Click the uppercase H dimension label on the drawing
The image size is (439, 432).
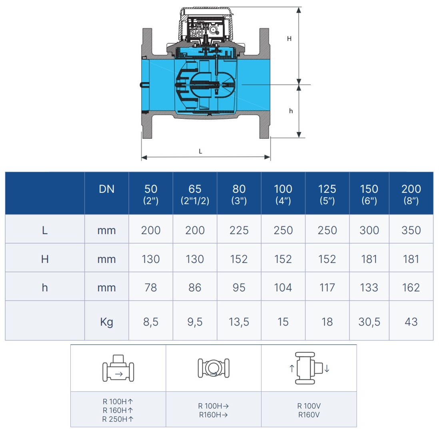289,39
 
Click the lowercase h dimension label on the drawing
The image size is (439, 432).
291,111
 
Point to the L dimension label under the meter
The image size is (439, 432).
200,151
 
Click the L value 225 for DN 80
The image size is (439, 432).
239,230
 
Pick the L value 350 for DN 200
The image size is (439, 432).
411,230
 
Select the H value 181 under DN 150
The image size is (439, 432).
369,259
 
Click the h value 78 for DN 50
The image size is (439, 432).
151,288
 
